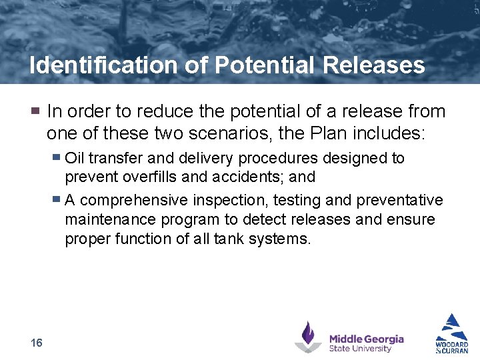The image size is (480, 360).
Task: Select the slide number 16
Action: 37,343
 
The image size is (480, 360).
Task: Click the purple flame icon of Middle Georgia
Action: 308,337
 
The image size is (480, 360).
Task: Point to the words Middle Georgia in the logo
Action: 366,339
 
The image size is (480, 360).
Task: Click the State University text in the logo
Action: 360,349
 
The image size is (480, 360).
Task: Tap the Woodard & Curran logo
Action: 452,333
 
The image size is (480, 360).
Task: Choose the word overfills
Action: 146,177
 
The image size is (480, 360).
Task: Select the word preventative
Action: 399,200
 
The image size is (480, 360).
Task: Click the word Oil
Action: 75,158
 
